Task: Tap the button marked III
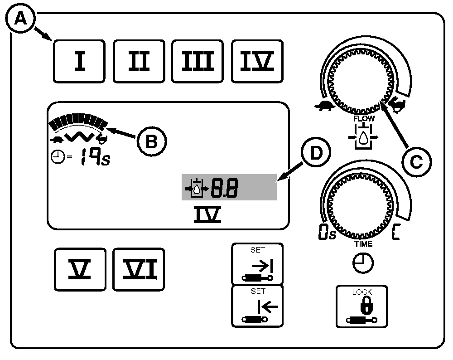point(198,61)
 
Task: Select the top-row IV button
point(257,61)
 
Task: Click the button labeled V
point(80,269)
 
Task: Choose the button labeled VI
point(139,269)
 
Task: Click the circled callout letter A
point(19,19)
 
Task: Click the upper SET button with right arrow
point(257,264)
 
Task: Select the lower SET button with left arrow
point(257,306)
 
